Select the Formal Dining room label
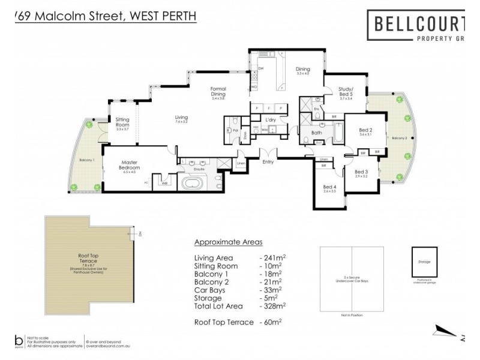click(218, 92)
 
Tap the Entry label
click(268, 161)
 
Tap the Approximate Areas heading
click(228, 242)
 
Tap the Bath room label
click(317, 133)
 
